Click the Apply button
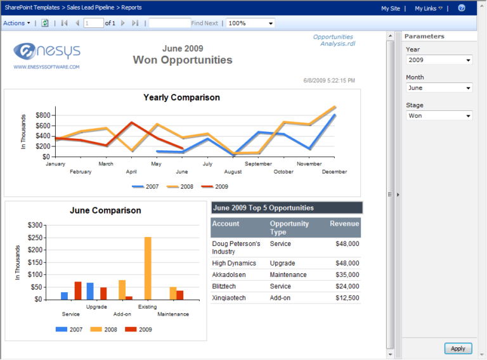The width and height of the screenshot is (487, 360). coord(458,348)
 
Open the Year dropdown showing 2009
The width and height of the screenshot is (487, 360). coord(439,60)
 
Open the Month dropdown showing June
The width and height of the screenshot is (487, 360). coord(439,88)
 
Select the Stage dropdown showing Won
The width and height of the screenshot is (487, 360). coord(439,116)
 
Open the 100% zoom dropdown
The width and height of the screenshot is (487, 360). coord(250,23)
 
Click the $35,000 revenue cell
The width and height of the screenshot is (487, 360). coord(347,275)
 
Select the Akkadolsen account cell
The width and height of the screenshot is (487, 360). coord(229,275)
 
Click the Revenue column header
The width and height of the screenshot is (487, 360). coord(344,224)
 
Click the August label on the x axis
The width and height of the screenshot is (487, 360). coord(233,172)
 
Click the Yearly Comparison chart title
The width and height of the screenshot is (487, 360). coord(181,98)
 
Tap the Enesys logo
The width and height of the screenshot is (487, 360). coord(46,52)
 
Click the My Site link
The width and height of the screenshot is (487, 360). coord(390,8)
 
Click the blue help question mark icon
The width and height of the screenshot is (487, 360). coord(462,8)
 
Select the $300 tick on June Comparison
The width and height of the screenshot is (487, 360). coord(35,225)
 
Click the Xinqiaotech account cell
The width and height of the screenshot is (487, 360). coord(228,298)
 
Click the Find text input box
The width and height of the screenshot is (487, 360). coord(169,23)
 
